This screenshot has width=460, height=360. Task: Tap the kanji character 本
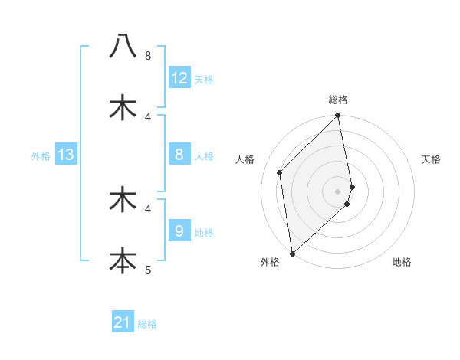[x=123, y=259]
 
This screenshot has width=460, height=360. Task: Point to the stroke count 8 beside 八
[x=148, y=56]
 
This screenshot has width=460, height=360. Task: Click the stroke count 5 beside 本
[x=148, y=270]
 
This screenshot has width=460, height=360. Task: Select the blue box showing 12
[x=179, y=78]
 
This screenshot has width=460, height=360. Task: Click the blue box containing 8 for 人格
[x=179, y=155]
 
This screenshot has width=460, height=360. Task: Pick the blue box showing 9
[x=179, y=231]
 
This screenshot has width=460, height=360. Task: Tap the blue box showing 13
[x=66, y=155]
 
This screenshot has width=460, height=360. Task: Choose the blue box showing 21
[x=123, y=322]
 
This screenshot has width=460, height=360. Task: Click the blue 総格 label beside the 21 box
[x=147, y=324]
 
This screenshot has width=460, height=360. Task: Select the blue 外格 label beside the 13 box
[x=41, y=156]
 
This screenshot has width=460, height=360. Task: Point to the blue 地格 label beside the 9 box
[x=204, y=232]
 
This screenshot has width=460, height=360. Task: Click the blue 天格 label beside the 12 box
[x=204, y=80]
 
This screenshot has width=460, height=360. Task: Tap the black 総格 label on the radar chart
[x=338, y=100]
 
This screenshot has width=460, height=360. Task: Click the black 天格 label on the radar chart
[x=432, y=159]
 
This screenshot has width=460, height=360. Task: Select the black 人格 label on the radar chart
[x=245, y=159]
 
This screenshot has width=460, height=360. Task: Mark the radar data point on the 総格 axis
[x=338, y=116]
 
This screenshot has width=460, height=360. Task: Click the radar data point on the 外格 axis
[x=292, y=253]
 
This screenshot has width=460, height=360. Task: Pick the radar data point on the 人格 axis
[x=280, y=172]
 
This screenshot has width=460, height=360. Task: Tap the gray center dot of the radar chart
[x=338, y=191]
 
